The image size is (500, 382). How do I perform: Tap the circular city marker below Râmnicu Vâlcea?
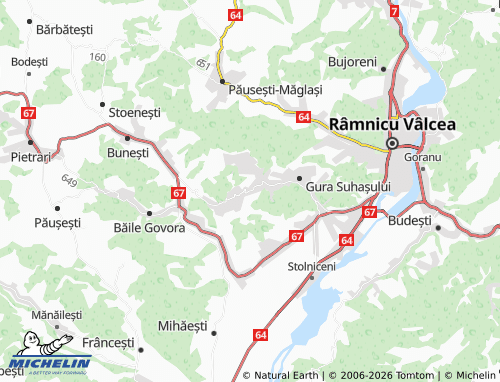tap(393, 143)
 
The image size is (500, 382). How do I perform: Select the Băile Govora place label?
tap(150, 228)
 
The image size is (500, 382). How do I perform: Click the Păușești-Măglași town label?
tap(275, 89)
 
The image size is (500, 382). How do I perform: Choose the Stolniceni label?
tap(312, 266)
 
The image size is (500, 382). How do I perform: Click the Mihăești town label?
tap(186, 326)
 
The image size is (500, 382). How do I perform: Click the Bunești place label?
tap(128, 152)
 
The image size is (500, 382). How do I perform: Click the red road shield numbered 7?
tap(395, 11)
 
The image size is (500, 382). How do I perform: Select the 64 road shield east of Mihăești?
tap(260, 336)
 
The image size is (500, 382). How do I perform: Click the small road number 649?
tap(69, 181)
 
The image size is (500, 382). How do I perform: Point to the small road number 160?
tap(96, 57)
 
